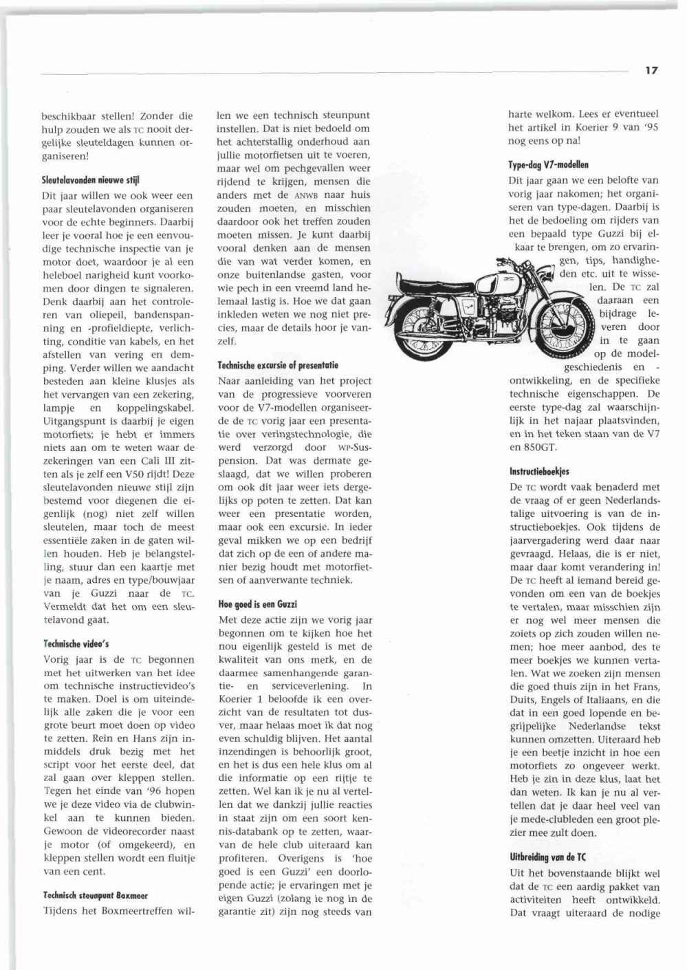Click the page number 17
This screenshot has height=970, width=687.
pyautogui.click(x=651, y=70)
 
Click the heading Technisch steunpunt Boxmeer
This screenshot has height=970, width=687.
pyautogui.click(x=96, y=896)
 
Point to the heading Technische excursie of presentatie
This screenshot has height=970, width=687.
pyautogui.click(x=278, y=365)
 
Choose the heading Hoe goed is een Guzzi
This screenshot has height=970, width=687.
pyautogui.click(x=257, y=604)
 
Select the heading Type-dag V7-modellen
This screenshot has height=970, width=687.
pyautogui.click(x=549, y=164)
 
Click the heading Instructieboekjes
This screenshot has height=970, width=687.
pyautogui.click(x=539, y=472)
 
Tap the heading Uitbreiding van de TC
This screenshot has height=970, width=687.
pyautogui.click(x=548, y=857)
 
